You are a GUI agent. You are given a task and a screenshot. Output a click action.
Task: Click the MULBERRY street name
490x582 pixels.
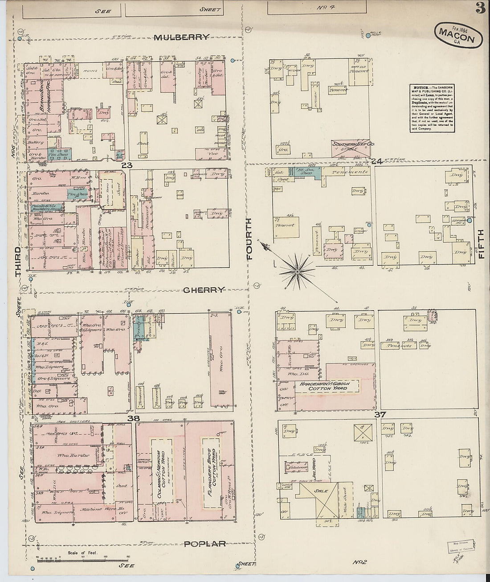pos(181,37)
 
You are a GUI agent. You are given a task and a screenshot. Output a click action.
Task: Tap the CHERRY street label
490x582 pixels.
pos(204,290)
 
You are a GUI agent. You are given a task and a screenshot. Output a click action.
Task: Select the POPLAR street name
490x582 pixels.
pos(205,544)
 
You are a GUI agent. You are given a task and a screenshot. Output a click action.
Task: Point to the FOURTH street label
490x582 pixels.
pos(249,239)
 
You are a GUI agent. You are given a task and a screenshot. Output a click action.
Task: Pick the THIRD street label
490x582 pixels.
pos(18,262)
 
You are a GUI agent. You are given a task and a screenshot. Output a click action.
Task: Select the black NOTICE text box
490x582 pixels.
pos(432,108)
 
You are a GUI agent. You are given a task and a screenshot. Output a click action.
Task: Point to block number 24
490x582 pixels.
pos(377,161)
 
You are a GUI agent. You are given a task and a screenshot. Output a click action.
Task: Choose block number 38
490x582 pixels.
pos(134,418)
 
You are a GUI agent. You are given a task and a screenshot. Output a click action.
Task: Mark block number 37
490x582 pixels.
pos(380,415)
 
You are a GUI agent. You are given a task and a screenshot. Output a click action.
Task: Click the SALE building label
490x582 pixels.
pos(321,491)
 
